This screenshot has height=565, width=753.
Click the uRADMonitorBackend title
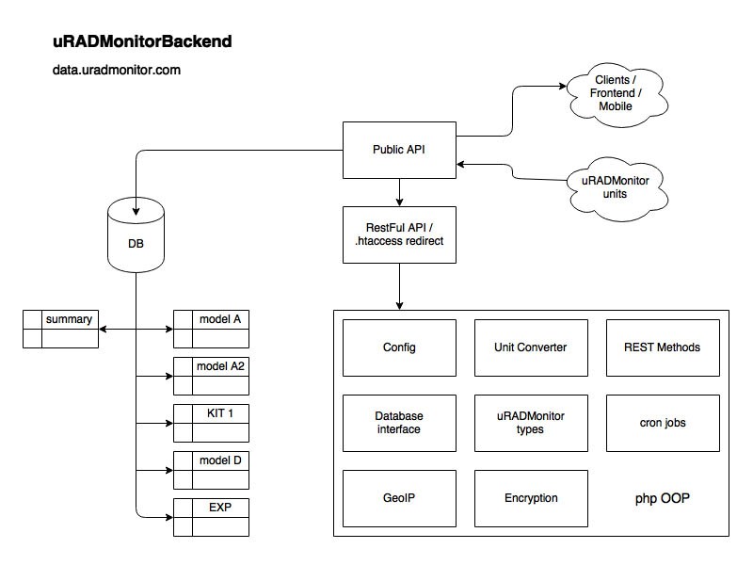[142, 41]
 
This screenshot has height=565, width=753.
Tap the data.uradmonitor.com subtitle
[116, 70]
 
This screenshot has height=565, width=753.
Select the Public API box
[399, 150]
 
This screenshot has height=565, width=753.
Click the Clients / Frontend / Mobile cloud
[617, 94]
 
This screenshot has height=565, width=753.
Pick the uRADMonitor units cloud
[617, 188]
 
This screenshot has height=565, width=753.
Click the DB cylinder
[136, 234]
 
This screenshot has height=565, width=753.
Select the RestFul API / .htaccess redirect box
[399, 234]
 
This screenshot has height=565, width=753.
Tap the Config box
[399, 347]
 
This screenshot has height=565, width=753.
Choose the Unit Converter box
[531, 347]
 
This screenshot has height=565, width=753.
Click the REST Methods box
[663, 347]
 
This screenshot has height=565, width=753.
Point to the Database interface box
[399, 423]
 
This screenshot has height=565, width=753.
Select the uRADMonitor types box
[531, 423]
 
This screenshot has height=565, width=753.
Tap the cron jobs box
[663, 423]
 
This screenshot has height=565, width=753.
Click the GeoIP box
[399, 498]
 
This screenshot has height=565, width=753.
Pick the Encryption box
[531, 498]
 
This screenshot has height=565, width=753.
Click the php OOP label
[663, 499]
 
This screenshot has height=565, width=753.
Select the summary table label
[69, 319]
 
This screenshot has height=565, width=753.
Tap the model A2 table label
[220, 366]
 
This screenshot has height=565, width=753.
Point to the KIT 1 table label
[220, 413]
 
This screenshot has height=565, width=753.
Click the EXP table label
[220, 508]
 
